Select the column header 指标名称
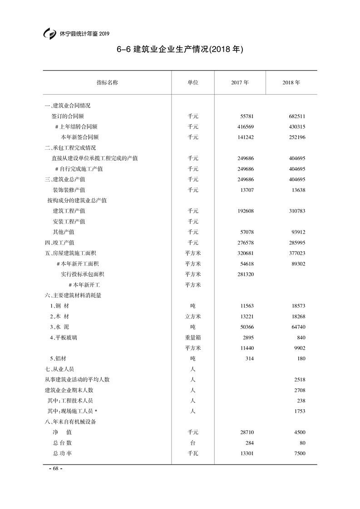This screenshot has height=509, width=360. click(107, 83)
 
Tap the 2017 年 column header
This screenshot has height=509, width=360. click(239, 83)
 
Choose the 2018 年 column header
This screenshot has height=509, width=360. click(291, 83)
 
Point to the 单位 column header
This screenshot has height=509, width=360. click(193, 83)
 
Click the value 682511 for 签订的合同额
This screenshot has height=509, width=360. click(296, 116)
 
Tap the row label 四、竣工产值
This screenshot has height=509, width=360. click(59, 243)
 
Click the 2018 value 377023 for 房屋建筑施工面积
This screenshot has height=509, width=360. click(296, 253)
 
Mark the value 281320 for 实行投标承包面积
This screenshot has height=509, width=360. click(245, 274)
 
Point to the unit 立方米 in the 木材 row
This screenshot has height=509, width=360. click(193, 317)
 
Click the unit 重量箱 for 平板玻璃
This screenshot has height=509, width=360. click(193, 338)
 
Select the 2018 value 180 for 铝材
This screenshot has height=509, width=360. click(301, 359)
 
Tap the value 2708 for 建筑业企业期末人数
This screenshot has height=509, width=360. click(299, 390)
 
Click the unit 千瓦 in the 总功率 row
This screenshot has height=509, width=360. click(193, 454)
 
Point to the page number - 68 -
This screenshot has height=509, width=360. click(55, 469)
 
